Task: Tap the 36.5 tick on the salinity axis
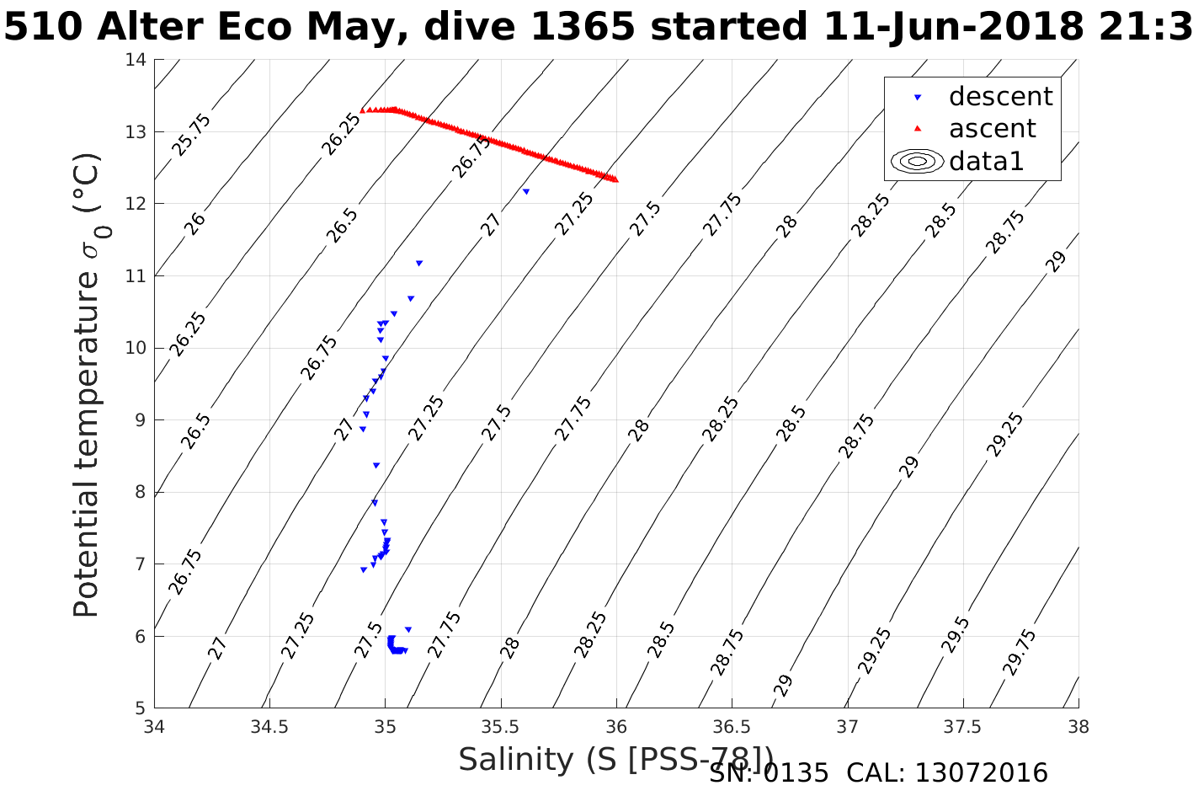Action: (x=732, y=727)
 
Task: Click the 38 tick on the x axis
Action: (x=1078, y=727)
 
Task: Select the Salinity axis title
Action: (x=615, y=759)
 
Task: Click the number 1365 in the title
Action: (x=580, y=27)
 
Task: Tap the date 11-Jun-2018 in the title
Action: (x=952, y=27)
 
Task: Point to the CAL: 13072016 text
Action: (x=946, y=773)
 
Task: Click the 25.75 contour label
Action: (x=192, y=135)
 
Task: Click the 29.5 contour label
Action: (x=956, y=634)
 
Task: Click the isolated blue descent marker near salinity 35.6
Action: (x=526, y=191)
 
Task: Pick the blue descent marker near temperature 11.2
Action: (x=419, y=263)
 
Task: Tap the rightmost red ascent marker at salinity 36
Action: (x=615, y=179)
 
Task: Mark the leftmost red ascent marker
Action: (x=363, y=110)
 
